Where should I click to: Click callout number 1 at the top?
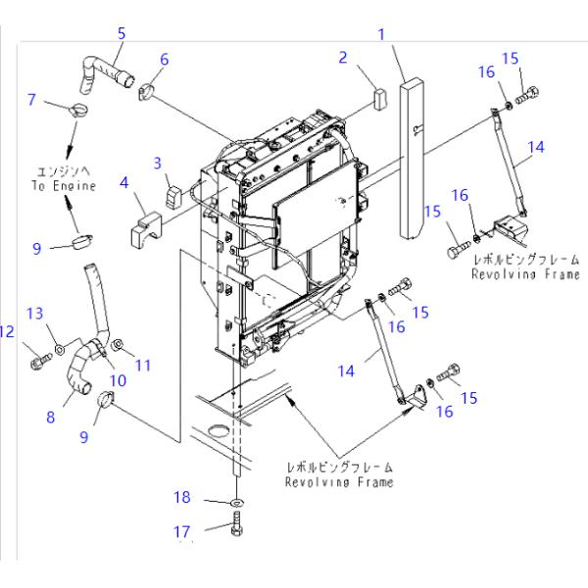tap(381, 34)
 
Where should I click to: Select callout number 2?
tap(343, 58)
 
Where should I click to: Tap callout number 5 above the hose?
tap(122, 33)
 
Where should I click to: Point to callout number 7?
tap(31, 99)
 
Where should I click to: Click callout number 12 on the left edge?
tap(7, 332)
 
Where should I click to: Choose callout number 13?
tap(34, 313)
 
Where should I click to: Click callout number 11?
tap(143, 365)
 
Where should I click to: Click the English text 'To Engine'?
tap(62, 186)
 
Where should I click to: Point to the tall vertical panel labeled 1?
tap(412, 157)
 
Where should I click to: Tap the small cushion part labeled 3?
tap(172, 194)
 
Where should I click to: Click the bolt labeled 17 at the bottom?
tap(237, 534)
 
